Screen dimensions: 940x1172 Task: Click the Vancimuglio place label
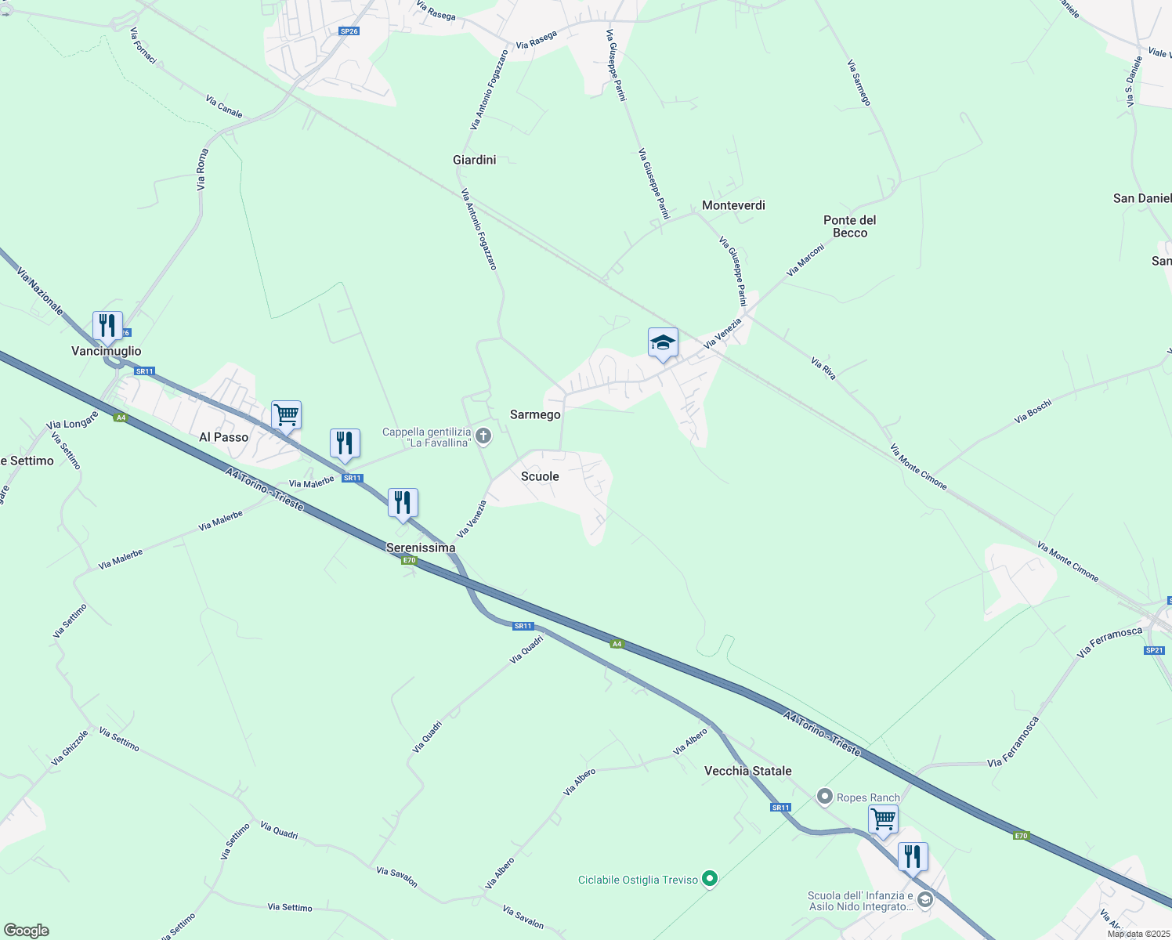click(107, 351)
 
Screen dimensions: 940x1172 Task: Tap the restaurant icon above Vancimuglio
click(107, 325)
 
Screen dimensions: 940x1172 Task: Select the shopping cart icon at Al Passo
click(286, 414)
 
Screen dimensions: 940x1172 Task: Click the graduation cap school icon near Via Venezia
click(663, 342)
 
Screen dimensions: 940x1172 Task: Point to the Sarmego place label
click(535, 414)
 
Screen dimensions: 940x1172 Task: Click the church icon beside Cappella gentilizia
click(483, 436)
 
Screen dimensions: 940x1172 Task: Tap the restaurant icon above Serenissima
click(403, 502)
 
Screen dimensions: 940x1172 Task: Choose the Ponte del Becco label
click(850, 226)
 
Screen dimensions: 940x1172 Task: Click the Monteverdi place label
click(733, 205)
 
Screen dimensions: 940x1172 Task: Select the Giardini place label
click(475, 160)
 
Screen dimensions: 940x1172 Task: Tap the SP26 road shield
click(349, 31)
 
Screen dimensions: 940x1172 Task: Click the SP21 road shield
click(1154, 650)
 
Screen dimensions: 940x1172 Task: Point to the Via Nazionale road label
click(39, 291)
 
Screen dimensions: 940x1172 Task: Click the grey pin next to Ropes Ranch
click(824, 797)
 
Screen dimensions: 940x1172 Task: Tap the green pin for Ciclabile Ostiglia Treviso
click(710, 880)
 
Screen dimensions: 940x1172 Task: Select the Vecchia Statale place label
click(747, 771)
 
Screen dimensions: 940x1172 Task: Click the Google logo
click(27, 930)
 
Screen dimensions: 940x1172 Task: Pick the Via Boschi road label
click(1033, 411)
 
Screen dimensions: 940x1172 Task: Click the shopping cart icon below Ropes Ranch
click(883, 819)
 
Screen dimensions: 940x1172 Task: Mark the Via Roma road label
click(202, 169)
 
